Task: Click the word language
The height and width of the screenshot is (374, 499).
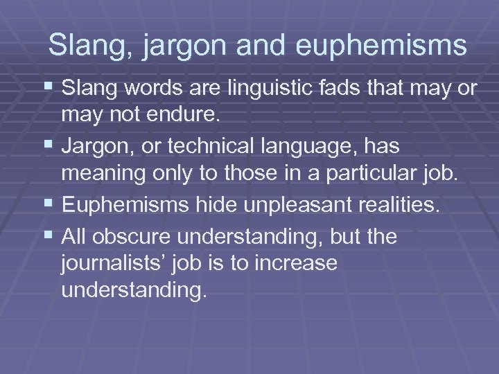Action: (316, 148)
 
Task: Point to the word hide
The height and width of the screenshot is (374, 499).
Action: (204, 204)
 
